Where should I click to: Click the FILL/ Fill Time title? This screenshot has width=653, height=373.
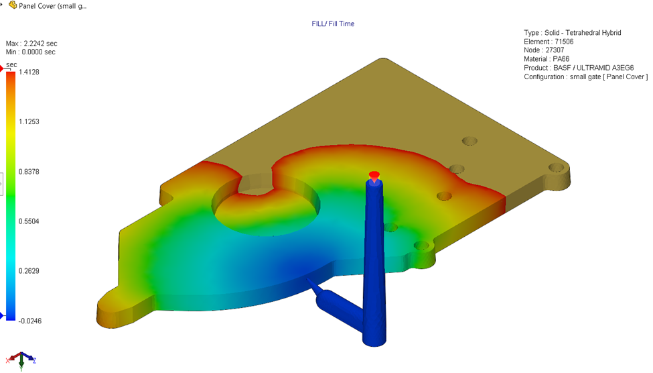[x=333, y=24]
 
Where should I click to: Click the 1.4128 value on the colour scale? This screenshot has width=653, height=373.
[x=29, y=72]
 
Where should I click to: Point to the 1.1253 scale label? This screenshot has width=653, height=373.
[x=29, y=121]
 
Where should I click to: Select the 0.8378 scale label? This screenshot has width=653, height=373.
[x=29, y=172]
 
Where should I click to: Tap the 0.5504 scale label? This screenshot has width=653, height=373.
[x=29, y=221]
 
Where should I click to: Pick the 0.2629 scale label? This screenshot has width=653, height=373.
[x=29, y=271]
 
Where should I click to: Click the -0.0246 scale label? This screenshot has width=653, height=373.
[x=29, y=321]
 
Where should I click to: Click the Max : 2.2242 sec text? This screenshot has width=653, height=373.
[x=31, y=44]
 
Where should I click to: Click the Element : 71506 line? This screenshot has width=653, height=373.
[x=549, y=42]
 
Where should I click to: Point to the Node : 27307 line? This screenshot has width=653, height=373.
[x=544, y=50]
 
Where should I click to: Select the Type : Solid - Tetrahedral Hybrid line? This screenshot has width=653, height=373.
[x=573, y=33]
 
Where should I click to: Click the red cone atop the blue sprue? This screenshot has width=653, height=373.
[x=374, y=176]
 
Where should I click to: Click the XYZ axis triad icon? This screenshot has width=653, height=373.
[x=21, y=360]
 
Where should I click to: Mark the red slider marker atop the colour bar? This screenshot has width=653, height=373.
[x=2, y=68]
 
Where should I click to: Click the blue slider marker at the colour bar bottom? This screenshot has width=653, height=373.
[x=2, y=316]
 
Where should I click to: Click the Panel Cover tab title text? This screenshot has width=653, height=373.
[x=52, y=5]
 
